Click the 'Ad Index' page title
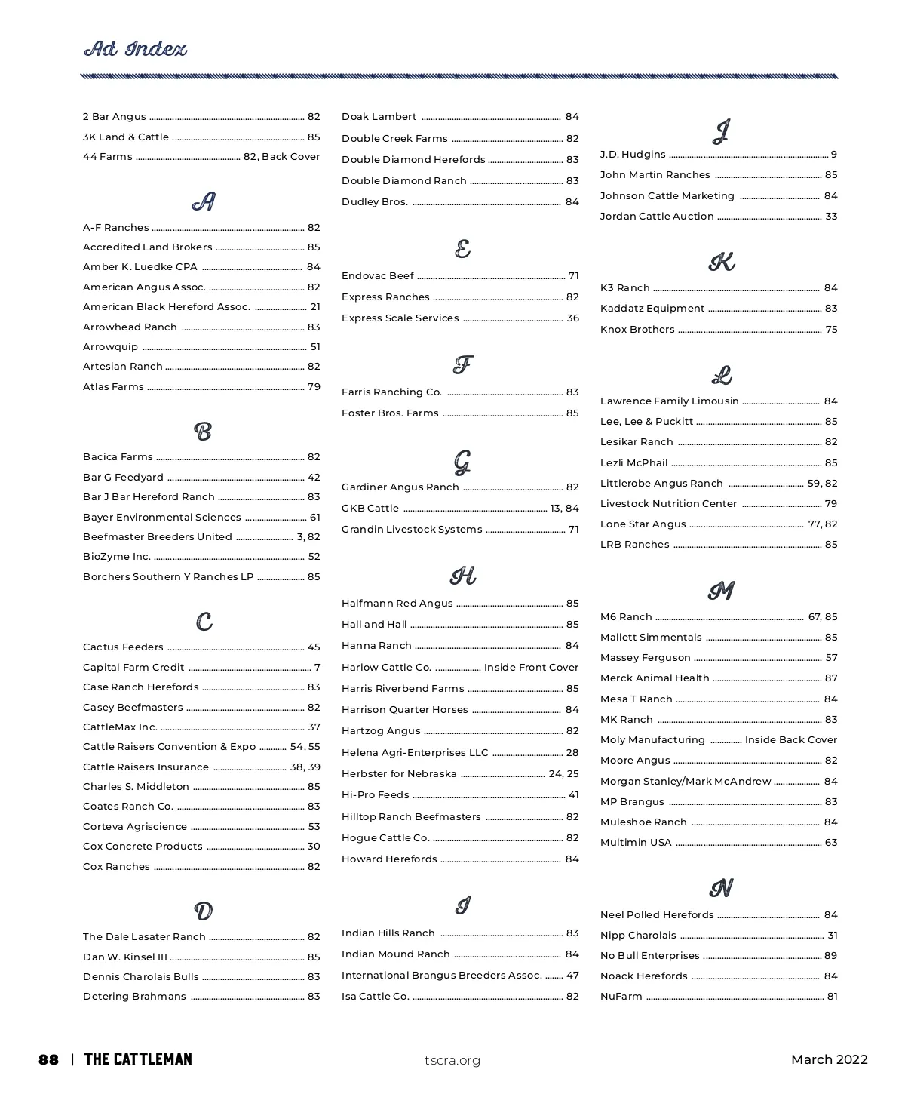[x=135, y=50]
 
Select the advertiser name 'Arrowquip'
[x=110, y=347]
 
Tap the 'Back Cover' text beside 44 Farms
[x=290, y=157]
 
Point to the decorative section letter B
[x=203, y=432]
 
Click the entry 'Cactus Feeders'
[x=123, y=647]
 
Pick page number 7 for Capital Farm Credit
[x=318, y=668]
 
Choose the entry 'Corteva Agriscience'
[x=135, y=827]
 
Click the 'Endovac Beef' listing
[x=378, y=276]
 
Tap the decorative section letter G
[x=462, y=462]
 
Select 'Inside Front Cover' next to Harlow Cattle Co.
[x=531, y=668]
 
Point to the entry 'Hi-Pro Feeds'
[x=376, y=795]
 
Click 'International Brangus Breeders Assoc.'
[x=442, y=976]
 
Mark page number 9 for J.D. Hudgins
[x=834, y=155]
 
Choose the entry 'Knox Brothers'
[x=637, y=330]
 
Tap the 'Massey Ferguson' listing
[x=646, y=658]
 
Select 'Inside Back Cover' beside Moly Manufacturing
[x=791, y=740]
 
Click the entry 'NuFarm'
[x=621, y=997]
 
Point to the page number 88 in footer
[x=48, y=1060]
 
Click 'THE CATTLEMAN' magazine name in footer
[x=138, y=1059]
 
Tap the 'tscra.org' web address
[x=452, y=1061]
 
